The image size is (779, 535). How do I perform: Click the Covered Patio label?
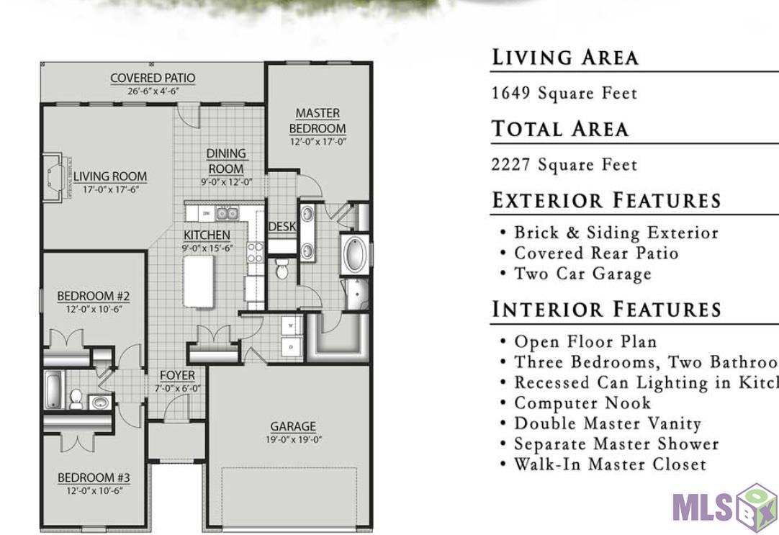(x=152, y=78)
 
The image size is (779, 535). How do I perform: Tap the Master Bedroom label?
(x=318, y=121)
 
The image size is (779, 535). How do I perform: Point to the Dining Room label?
(x=226, y=161)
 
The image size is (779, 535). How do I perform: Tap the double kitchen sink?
(x=228, y=213)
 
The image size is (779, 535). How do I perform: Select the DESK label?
(x=282, y=226)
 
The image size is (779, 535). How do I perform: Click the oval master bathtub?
(x=354, y=254)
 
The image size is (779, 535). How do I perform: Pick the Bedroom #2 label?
(x=94, y=295)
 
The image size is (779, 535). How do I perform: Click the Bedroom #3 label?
(x=94, y=477)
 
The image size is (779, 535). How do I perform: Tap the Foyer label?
(x=177, y=375)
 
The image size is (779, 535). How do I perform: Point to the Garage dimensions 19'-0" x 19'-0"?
(x=293, y=439)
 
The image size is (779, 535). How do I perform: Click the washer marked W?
(x=291, y=325)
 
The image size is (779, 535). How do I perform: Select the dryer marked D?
(x=291, y=346)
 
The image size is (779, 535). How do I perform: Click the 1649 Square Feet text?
(x=564, y=94)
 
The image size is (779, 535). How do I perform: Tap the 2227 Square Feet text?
(x=564, y=165)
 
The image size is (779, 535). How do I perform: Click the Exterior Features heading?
(x=606, y=200)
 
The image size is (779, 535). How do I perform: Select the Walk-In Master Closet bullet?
(x=610, y=464)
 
